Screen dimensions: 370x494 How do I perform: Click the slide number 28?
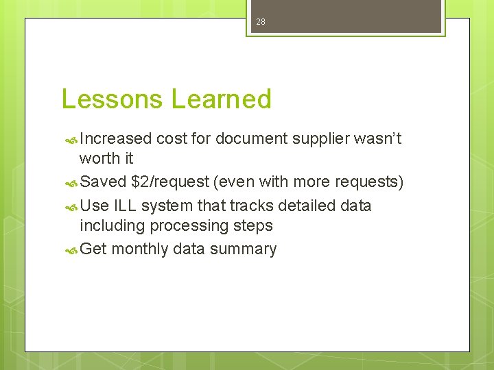261,22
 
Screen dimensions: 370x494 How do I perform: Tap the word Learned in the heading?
221,99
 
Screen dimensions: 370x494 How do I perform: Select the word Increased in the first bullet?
115,139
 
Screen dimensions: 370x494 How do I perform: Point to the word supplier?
320,139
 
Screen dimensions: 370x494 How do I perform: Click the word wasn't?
377,139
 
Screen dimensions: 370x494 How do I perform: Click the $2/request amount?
169,182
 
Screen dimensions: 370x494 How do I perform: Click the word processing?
192,226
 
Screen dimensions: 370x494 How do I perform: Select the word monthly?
139,249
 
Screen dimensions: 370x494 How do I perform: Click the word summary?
243,249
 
